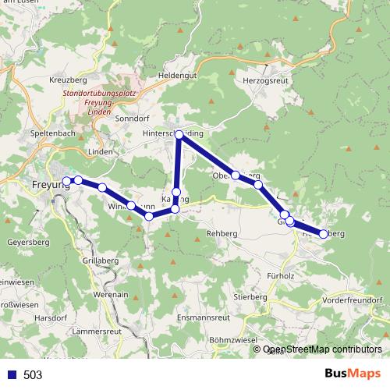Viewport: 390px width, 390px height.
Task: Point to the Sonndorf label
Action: pos(131,119)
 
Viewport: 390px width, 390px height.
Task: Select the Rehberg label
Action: pos(222,234)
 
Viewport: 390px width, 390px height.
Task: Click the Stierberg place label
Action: pos(250,297)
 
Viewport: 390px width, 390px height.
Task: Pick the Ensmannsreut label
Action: pos(204,318)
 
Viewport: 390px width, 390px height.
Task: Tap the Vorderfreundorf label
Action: pos(352,300)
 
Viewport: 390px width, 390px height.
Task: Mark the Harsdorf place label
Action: pos(51,318)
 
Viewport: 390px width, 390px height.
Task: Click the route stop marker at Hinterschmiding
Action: pos(179,135)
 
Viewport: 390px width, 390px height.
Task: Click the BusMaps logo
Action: pos(348,374)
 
